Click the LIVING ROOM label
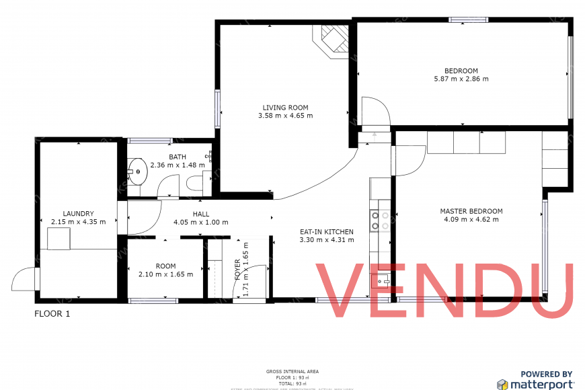click(x=285, y=108)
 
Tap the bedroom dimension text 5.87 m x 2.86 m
click(x=461, y=79)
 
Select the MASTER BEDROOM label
click(x=471, y=211)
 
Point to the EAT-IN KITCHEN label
click(x=326, y=232)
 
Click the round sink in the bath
click(x=139, y=171)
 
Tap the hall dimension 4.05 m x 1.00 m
click(x=200, y=223)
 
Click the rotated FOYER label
click(x=237, y=268)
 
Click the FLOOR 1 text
click(x=52, y=314)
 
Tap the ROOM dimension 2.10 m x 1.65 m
click(x=165, y=274)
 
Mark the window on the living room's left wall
click(x=217, y=109)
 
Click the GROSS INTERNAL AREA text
click(x=292, y=371)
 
